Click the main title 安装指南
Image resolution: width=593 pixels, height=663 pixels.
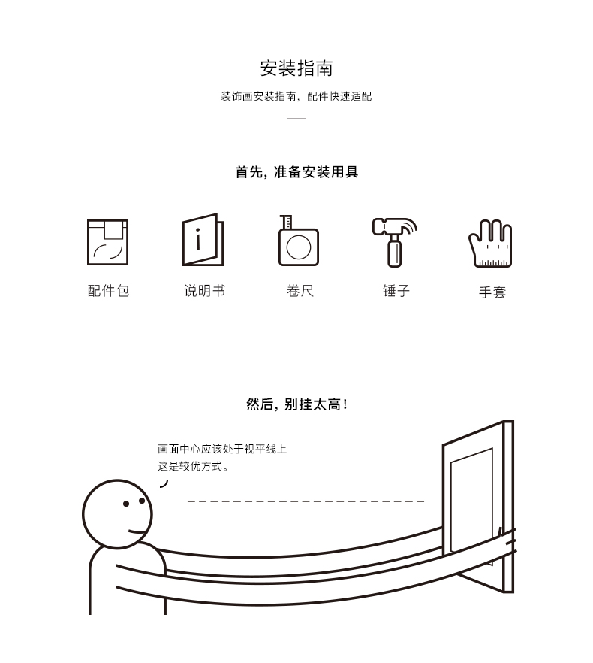296,68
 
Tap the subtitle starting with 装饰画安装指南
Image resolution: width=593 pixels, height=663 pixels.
296,96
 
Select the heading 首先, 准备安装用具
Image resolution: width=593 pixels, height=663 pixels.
296,172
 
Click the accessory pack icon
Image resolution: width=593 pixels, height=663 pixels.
107,242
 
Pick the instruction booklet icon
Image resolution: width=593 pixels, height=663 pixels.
203,240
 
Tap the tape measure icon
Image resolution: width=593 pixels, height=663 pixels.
298,241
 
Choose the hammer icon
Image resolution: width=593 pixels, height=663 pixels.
395,242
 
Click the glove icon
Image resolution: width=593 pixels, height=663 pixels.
490,243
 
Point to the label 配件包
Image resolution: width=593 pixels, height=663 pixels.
108,291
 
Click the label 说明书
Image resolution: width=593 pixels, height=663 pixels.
204,291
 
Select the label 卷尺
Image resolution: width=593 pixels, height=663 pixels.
300,291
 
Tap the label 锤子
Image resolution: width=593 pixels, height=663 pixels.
396,291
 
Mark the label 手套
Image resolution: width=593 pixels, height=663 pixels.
492,292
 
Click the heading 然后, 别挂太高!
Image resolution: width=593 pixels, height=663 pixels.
296,404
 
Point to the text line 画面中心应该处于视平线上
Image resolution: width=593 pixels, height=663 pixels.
222,449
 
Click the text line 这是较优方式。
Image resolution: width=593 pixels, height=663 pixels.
194,466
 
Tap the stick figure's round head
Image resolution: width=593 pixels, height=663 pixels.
117,513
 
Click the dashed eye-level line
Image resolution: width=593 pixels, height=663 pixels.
306,501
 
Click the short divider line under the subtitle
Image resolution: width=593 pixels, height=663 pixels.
296,119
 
